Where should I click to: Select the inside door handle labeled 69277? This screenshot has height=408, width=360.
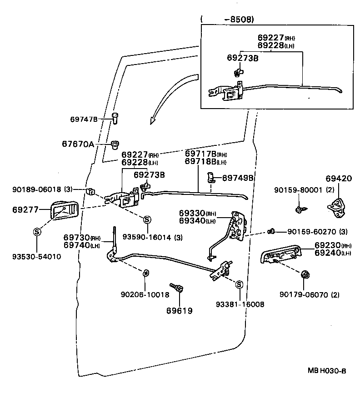(62, 210)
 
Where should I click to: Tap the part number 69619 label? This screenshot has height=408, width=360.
(179, 311)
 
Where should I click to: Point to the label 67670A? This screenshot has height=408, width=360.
(78, 144)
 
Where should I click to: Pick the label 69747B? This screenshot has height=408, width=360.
(84, 119)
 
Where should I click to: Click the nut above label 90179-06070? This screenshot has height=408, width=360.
(305, 274)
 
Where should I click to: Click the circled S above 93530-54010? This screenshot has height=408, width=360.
(37, 232)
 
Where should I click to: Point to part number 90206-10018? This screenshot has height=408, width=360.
(145, 294)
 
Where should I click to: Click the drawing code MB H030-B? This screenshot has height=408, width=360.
(327, 370)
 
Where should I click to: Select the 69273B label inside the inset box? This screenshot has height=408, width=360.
(243, 58)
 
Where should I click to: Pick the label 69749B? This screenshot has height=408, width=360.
(238, 178)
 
